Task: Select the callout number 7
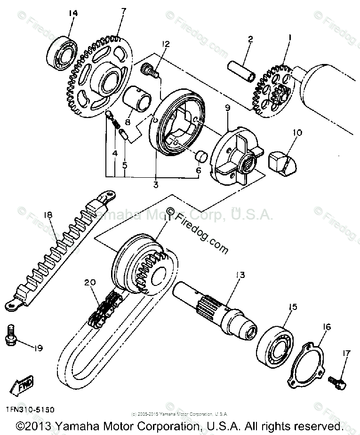(123, 11)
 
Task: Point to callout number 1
(290, 37)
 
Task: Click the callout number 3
(156, 184)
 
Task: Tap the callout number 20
(90, 282)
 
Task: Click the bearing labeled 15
(276, 341)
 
